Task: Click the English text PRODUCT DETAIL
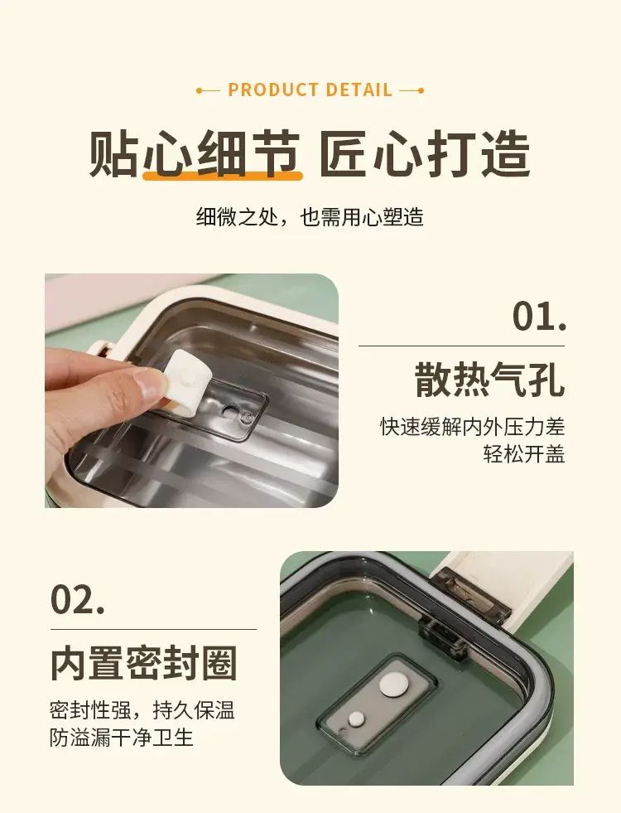(x=310, y=90)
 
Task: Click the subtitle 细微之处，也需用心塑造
(x=310, y=217)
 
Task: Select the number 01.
(x=540, y=316)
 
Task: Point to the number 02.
(x=78, y=599)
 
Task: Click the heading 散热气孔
(x=489, y=380)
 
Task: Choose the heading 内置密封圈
(x=143, y=663)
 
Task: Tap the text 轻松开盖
(x=523, y=453)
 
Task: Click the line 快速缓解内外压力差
(x=472, y=427)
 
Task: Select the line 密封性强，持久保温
(x=142, y=709)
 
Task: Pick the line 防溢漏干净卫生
(x=122, y=737)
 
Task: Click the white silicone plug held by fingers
(x=185, y=381)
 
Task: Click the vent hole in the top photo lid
(x=229, y=411)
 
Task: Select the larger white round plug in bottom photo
(x=393, y=685)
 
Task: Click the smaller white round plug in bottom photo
(x=356, y=719)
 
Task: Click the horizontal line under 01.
(x=461, y=346)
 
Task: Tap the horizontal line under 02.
(x=153, y=630)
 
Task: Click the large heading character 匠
(x=344, y=152)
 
